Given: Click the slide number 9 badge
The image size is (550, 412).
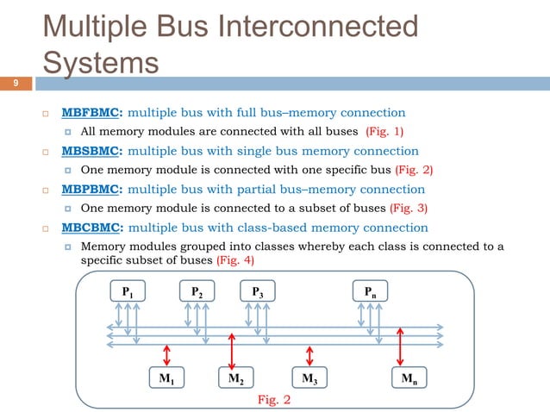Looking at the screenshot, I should click(15, 84).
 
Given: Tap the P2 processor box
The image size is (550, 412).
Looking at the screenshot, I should click(197, 292).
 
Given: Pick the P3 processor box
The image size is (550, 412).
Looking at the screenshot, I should click(258, 292).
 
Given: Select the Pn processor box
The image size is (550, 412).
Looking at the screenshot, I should click(369, 292).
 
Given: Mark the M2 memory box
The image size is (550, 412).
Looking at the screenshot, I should click(234, 378).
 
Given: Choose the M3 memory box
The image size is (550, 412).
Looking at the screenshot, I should click(308, 378).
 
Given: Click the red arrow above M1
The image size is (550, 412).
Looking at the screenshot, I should click(166, 354).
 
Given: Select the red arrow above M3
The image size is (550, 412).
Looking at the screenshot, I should click(309, 354).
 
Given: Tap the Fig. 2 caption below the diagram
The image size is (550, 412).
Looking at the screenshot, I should click(274, 400).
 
